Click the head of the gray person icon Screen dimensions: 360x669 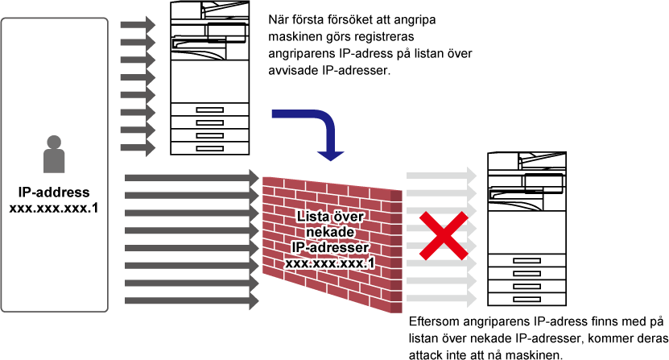point(54,143)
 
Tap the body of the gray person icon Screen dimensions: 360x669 point(54,161)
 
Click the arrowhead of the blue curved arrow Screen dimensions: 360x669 point(330,155)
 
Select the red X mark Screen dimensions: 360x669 point(443,236)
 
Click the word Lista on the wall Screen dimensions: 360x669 point(313,217)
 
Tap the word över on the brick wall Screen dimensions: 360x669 point(348,217)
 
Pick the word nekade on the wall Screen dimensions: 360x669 point(330,233)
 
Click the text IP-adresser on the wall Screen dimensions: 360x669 point(330,247)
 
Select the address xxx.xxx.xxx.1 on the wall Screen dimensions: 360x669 point(330,263)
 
